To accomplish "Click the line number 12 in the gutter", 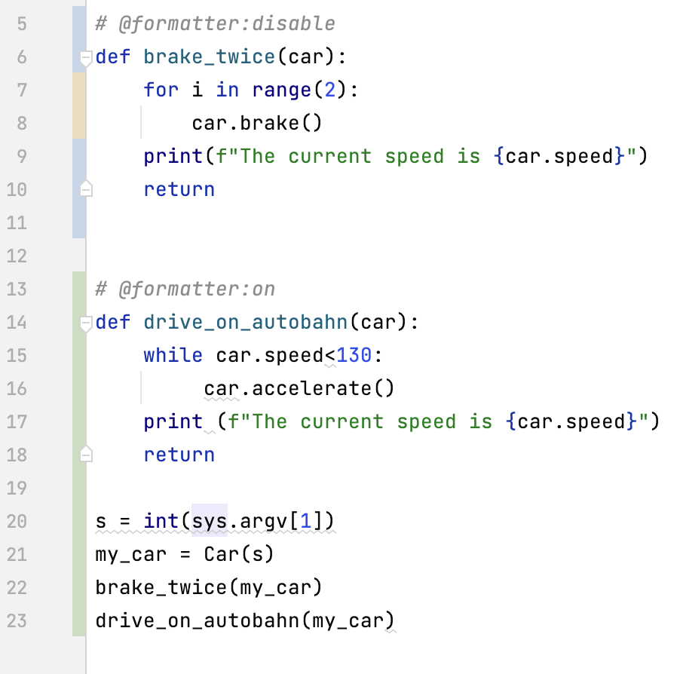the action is (x=17, y=256).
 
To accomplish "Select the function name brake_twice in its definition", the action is (x=209, y=57).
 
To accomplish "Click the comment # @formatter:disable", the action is (x=216, y=24).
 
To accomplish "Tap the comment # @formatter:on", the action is (x=185, y=289).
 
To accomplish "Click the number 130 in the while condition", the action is (x=354, y=355).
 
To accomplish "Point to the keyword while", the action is (x=173, y=355).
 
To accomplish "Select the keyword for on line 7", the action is (x=161, y=90).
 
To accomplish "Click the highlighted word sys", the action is (x=210, y=521).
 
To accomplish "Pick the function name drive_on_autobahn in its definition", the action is (x=246, y=322).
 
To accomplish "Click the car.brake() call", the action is (x=257, y=123).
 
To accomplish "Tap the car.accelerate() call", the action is (x=299, y=388).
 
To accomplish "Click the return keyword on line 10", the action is (x=179, y=189).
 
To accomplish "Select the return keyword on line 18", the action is (x=179, y=455).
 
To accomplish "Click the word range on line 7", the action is (x=282, y=90).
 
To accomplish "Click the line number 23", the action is (x=17, y=620).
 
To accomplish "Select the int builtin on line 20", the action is (x=161, y=521).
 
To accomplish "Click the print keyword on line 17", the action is (x=173, y=422).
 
